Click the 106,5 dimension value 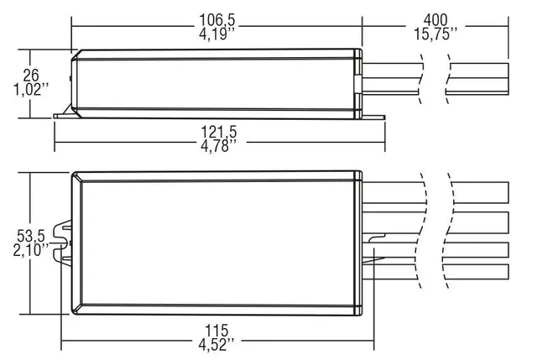tap(217, 18)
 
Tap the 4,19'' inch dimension tap(217, 34)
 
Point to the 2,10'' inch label tap(31, 251)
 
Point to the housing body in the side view tap(217, 84)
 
